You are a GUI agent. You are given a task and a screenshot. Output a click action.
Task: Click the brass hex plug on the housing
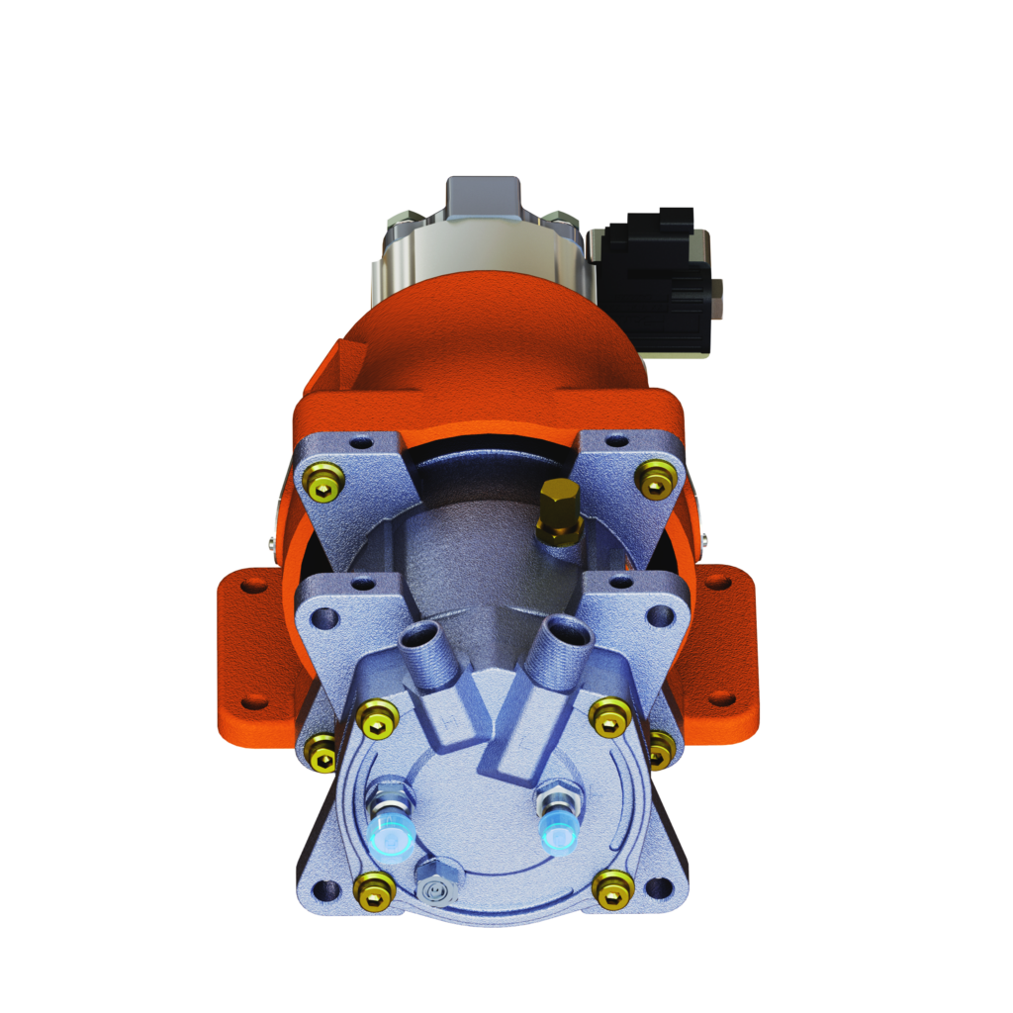(558, 509)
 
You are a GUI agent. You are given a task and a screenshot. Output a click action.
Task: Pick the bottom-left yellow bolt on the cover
(373, 889)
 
